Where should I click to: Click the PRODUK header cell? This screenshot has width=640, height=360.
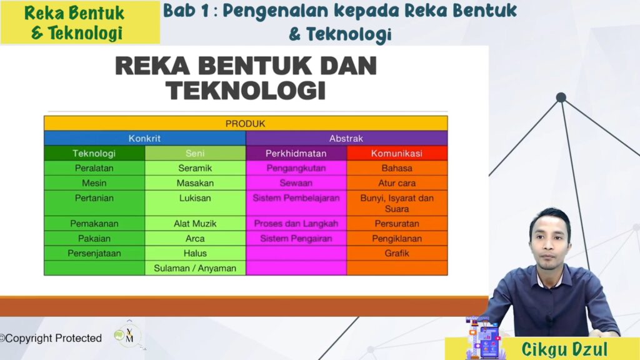click(x=246, y=123)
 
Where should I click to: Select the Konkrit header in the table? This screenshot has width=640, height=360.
click(x=145, y=138)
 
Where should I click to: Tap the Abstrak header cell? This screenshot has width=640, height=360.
click(x=346, y=138)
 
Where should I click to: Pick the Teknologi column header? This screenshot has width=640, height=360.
click(x=94, y=153)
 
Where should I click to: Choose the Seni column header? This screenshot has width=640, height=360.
click(x=195, y=153)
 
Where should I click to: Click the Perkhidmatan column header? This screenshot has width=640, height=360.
click(x=296, y=153)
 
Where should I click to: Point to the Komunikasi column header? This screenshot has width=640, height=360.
click(x=397, y=153)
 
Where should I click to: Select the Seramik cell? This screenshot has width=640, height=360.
click(x=195, y=168)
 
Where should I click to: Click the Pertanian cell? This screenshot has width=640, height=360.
click(x=94, y=203)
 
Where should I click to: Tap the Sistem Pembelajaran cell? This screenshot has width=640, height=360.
click(x=296, y=203)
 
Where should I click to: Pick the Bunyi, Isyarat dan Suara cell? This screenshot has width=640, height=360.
click(x=397, y=203)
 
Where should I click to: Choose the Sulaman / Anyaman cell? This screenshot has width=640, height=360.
click(x=195, y=268)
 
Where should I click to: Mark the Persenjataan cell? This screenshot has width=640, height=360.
click(x=94, y=253)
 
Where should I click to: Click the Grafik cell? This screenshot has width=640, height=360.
click(x=397, y=253)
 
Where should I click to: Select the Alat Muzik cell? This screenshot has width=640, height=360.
click(x=195, y=223)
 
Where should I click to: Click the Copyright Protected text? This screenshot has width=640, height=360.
click(x=51, y=338)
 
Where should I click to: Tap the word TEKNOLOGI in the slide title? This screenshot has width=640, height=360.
click(x=246, y=90)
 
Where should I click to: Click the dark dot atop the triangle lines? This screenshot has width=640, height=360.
click(x=561, y=97)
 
